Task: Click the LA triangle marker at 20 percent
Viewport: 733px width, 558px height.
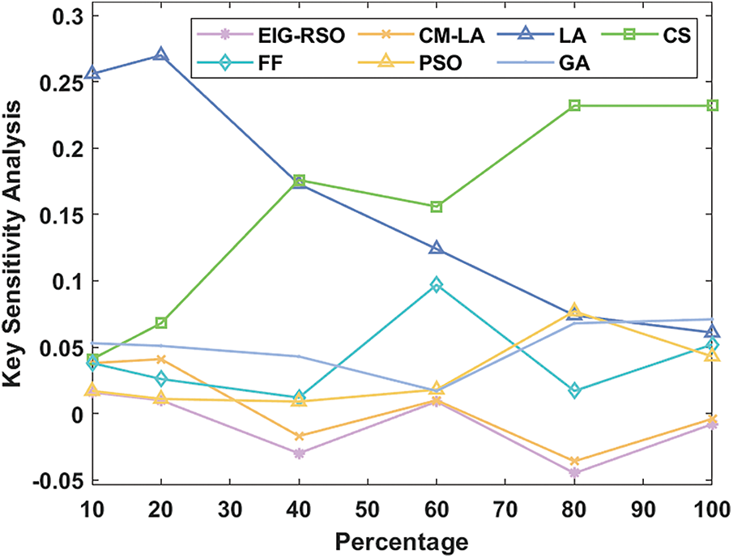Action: click(x=161, y=55)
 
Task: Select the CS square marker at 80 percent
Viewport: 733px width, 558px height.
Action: click(x=574, y=105)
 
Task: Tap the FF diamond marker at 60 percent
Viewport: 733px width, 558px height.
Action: click(x=437, y=285)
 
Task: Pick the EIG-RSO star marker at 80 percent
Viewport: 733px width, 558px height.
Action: click(x=574, y=473)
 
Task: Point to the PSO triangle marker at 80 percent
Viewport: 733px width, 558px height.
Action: click(x=574, y=310)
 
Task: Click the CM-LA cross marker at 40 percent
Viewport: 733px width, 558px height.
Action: click(x=299, y=437)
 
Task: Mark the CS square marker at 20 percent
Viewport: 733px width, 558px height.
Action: click(x=161, y=323)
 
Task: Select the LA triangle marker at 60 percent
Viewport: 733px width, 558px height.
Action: click(x=437, y=248)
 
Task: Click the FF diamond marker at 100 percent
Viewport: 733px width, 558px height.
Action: click(x=712, y=345)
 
